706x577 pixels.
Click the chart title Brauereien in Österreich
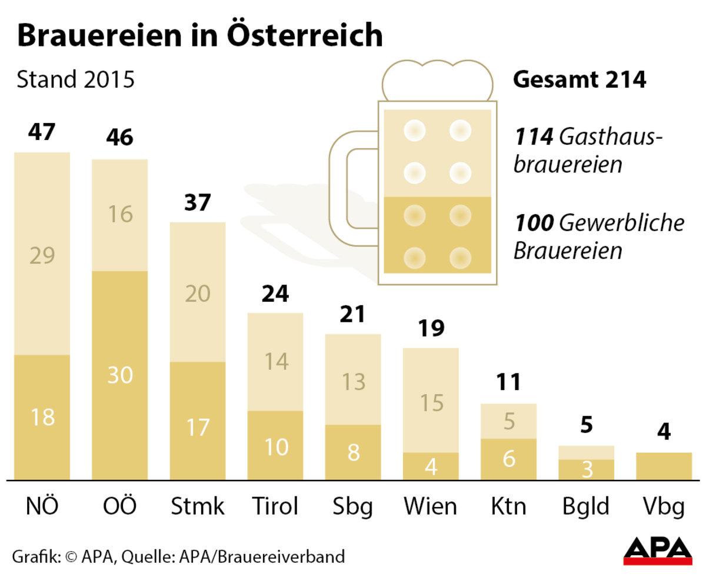pyautogui.click(x=199, y=36)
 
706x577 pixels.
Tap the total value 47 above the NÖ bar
pyautogui.click(x=42, y=131)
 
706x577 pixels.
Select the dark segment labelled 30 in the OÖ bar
pyautogui.click(x=120, y=375)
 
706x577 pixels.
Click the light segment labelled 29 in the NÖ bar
pyautogui.click(x=42, y=255)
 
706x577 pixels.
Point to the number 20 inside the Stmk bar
pyautogui.click(x=197, y=292)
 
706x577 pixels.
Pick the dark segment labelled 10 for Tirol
pyautogui.click(x=275, y=445)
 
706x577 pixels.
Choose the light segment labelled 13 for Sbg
pyautogui.click(x=353, y=381)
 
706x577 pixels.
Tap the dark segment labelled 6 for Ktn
pyautogui.click(x=508, y=459)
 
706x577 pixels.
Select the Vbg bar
pyautogui.click(x=664, y=466)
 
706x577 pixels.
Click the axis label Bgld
pyautogui.click(x=585, y=506)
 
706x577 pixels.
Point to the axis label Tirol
pyautogui.click(x=275, y=506)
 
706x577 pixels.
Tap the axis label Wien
pyautogui.click(x=430, y=506)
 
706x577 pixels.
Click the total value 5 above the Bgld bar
pyautogui.click(x=586, y=425)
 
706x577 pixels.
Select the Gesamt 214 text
pyautogui.click(x=580, y=80)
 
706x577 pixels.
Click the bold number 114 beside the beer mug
pyautogui.click(x=534, y=137)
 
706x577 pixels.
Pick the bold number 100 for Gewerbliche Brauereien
pyautogui.click(x=534, y=223)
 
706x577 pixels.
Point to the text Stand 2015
pyautogui.click(x=76, y=80)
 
